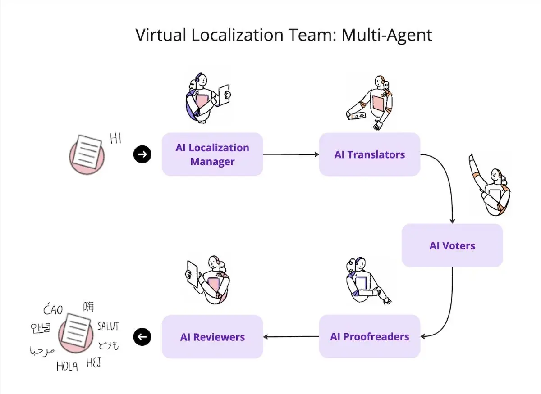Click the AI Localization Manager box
pyautogui.click(x=212, y=154)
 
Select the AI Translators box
pyautogui.click(x=370, y=154)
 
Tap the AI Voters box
pyautogui.click(x=452, y=245)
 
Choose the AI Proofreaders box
pyautogui.click(x=370, y=336)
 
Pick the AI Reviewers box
pyautogui.click(x=212, y=336)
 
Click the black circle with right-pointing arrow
pyautogui.click(x=142, y=154)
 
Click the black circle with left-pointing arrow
pyautogui.click(x=142, y=336)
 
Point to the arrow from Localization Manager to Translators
pyautogui.click(x=291, y=154)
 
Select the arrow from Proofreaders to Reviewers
pyautogui.click(x=291, y=336)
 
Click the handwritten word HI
pyautogui.click(x=116, y=139)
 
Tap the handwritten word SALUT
pyautogui.click(x=108, y=326)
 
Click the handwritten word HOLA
pyautogui.click(x=67, y=367)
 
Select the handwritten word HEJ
pyautogui.click(x=93, y=363)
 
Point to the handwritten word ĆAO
pyautogui.click(x=53, y=310)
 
